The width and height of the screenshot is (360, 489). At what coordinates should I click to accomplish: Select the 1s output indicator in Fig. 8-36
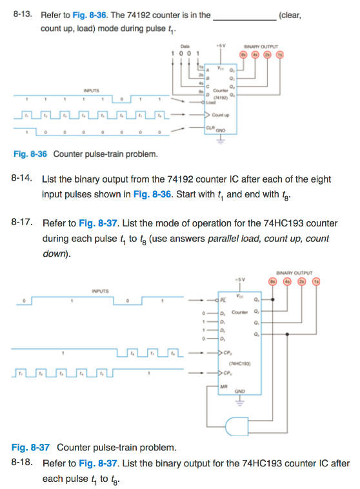pyautogui.click(x=279, y=54)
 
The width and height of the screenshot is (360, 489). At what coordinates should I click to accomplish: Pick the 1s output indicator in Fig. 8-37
pyautogui.click(x=315, y=282)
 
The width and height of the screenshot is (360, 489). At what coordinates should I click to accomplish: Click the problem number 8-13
pyautogui.click(x=22, y=14)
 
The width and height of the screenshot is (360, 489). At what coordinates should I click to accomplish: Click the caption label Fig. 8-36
pyautogui.click(x=31, y=154)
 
